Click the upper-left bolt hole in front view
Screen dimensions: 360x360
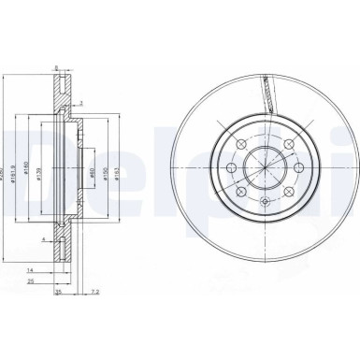(241, 143)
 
